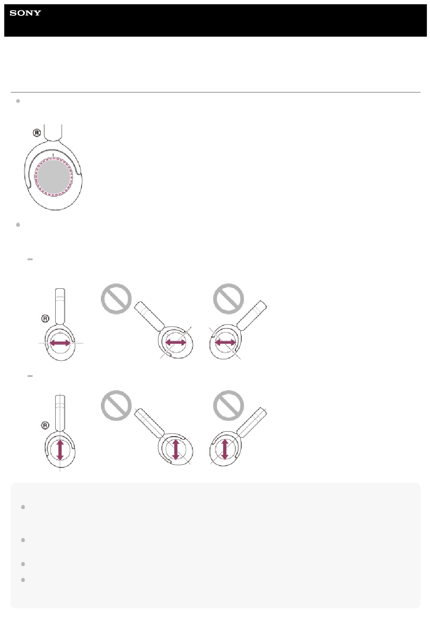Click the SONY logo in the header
25,13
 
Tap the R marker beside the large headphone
37,133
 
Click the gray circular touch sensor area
53,176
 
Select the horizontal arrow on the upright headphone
60,343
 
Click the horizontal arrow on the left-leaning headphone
176,342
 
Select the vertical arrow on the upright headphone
60,450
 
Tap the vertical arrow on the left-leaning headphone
175,449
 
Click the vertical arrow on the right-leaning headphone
225,449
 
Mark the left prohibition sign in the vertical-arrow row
116,405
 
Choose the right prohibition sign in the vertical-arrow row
229,405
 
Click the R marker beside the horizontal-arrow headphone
45,319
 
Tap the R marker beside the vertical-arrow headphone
45,425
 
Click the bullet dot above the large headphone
18,101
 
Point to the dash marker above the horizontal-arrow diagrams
30,259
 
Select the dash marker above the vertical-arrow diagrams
30,376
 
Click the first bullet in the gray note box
23,507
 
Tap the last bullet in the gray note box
23,580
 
